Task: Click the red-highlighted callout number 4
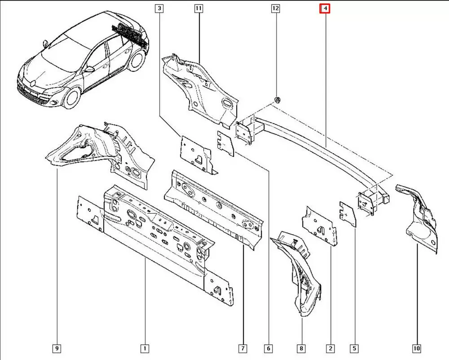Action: pyautogui.click(x=325, y=9)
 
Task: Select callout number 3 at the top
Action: pyautogui.click(x=159, y=9)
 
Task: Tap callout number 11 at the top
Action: pyautogui.click(x=198, y=9)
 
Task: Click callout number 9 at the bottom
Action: pyautogui.click(x=57, y=348)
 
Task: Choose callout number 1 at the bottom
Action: pyautogui.click(x=145, y=348)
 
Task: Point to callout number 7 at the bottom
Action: pyautogui.click(x=242, y=348)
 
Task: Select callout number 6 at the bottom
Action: pyautogui.click(x=269, y=348)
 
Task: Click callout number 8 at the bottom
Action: pyautogui.click(x=301, y=348)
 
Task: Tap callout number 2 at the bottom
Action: pyautogui.click(x=330, y=348)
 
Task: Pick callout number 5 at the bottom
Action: pyautogui.click(x=354, y=348)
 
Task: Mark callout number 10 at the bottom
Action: pyautogui.click(x=416, y=348)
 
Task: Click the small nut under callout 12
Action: pyautogui.click(x=277, y=100)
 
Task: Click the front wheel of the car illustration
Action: pyautogui.click(x=71, y=98)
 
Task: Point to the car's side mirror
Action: pyautogui.click(x=90, y=69)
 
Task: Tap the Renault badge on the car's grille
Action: pyautogui.click(x=33, y=83)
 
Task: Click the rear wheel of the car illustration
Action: pyautogui.click(x=136, y=61)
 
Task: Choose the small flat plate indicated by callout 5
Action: pyautogui.click(x=348, y=214)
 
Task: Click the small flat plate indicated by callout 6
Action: pyautogui.click(x=226, y=144)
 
